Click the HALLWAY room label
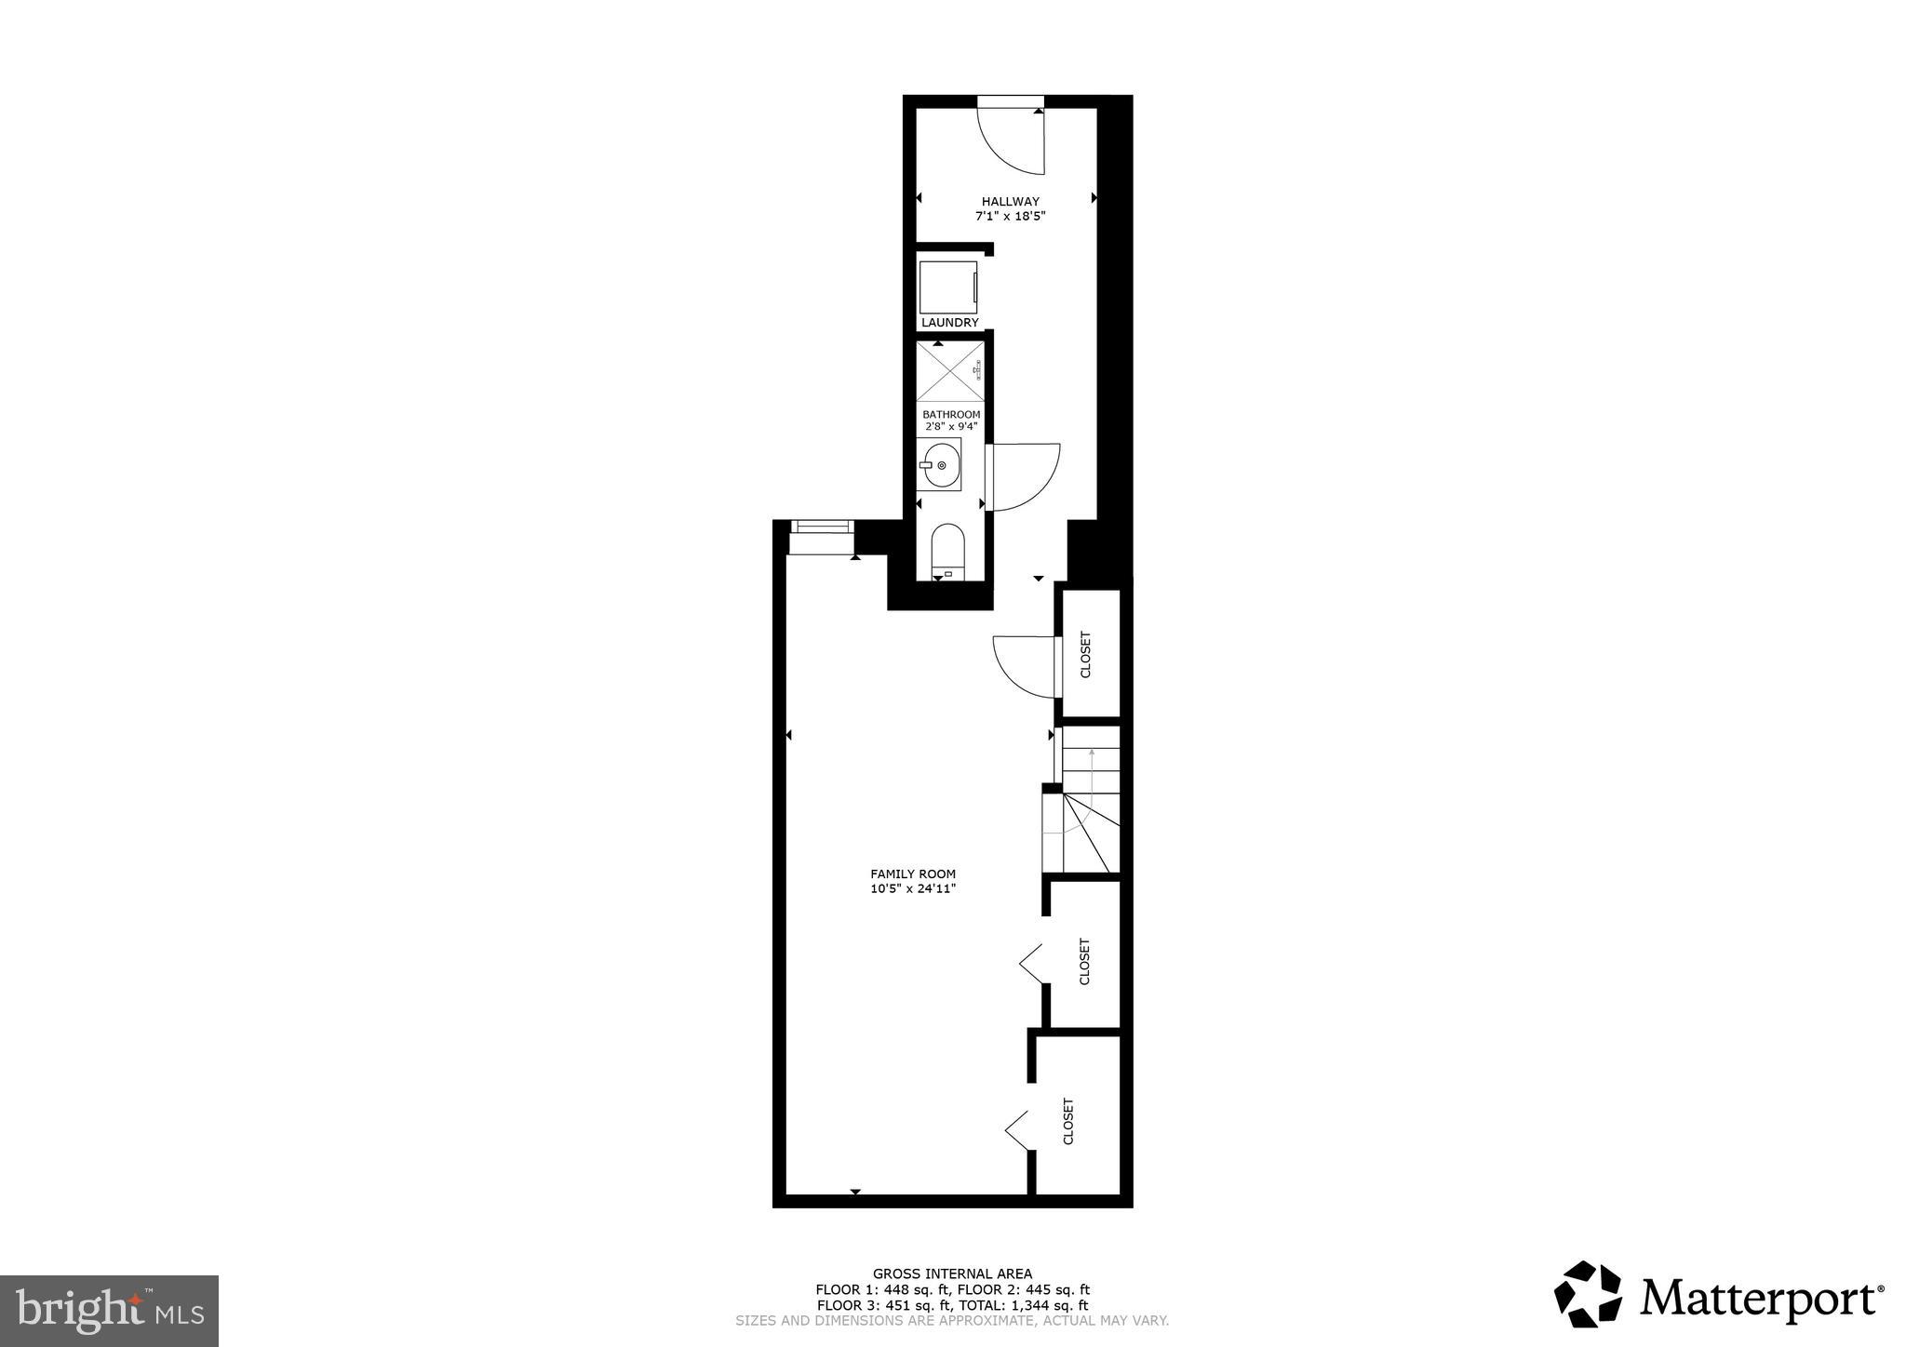coord(1010,201)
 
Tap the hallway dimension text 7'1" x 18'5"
coord(1010,216)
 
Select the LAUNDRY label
coord(949,323)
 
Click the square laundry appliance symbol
coord(948,288)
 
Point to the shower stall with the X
coord(949,372)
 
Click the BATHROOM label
coord(951,414)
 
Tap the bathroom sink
coord(939,464)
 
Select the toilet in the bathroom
coord(948,552)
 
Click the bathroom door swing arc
coord(1024,476)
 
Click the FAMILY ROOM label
coord(912,874)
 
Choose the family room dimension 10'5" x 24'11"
coord(912,888)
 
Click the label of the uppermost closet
coord(1085,655)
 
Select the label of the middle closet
coord(1084,961)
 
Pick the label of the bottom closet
coord(1067,1121)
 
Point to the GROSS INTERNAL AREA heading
coord(952,1274)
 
